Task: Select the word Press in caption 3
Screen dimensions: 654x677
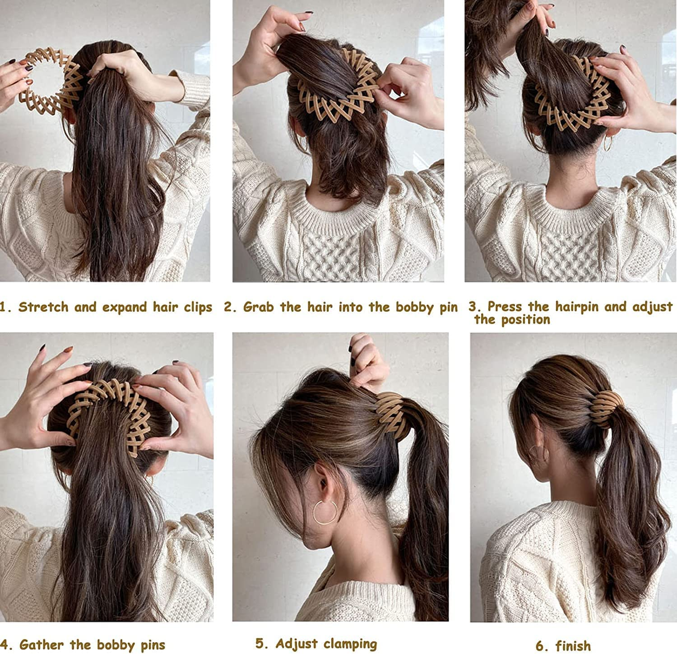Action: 506,307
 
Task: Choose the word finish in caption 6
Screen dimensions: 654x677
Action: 573,645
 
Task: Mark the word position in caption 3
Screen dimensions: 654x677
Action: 525,320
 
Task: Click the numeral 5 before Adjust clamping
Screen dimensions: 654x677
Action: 260,643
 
